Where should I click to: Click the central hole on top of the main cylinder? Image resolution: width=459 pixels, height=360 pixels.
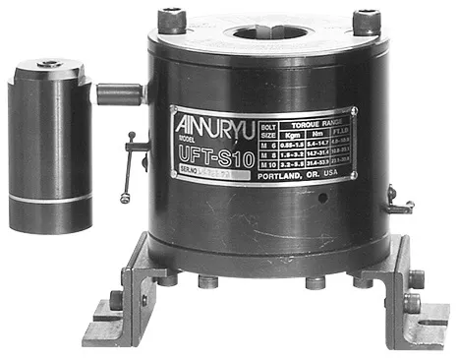(x=264, y=22)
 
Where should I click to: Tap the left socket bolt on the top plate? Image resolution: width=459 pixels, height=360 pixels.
(x=171, y=18)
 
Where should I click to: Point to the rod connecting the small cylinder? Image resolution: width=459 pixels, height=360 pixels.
(x=119, y=94)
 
